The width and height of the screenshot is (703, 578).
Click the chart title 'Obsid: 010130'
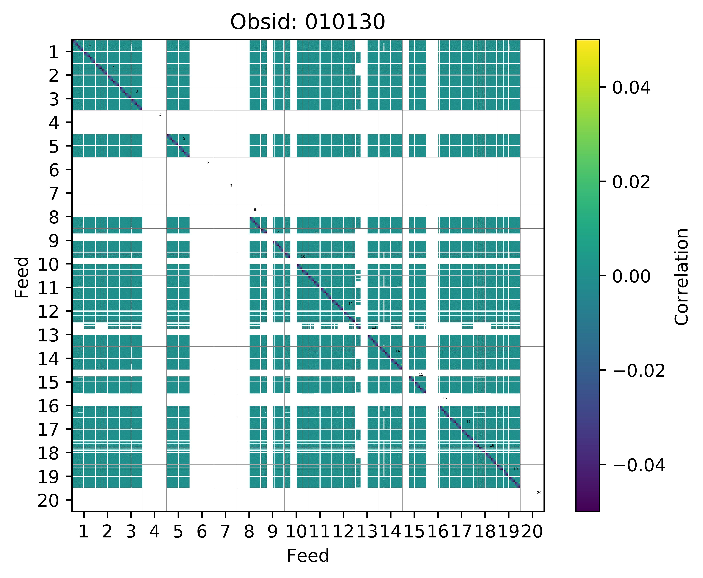pos(308,22)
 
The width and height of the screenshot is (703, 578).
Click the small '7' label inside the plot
pos(231,186)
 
